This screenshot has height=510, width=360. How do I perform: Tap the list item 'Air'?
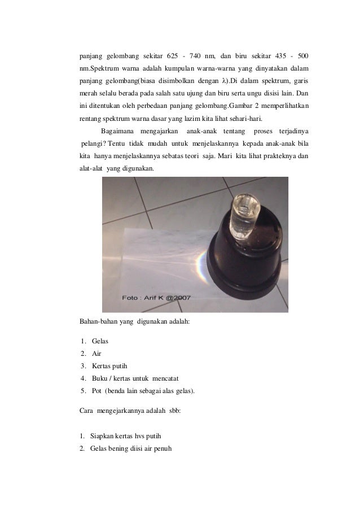(96, 354)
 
